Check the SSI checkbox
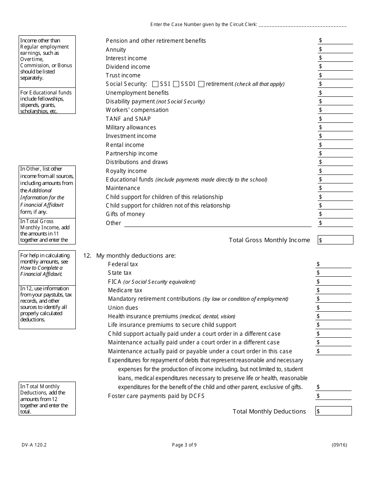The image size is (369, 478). coord(155,84)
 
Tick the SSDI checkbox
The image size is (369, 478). coord(176,84)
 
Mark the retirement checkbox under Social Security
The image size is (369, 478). coord(201,84)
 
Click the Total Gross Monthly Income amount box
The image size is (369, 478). coord(336,240)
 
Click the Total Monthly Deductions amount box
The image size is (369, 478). coord(334,411)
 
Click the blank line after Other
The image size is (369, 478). coord(218,223)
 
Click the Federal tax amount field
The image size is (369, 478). coord(334,264)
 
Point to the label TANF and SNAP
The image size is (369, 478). coord(128,119)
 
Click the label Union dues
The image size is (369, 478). coord(123,308)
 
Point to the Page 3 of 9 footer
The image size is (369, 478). coord(184,445)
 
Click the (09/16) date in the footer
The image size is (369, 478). coord(339,445)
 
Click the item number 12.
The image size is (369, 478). coord(87,256)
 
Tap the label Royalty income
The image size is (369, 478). coord(126,171)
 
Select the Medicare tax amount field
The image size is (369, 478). coord(334,290)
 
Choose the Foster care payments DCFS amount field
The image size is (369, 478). coord(334,396)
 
